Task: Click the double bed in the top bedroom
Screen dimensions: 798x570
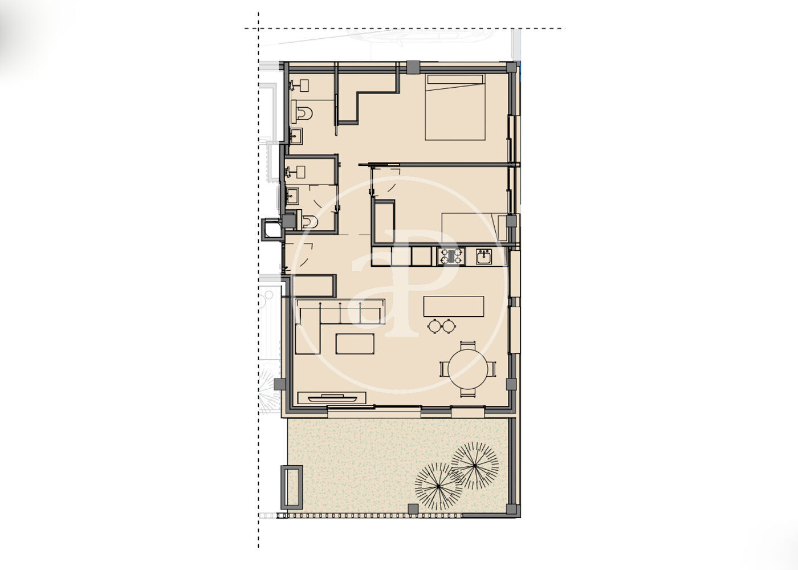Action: (455, 107)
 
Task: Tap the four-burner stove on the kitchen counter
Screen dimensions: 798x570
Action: (451, 256)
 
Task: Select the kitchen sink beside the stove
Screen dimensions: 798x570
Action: (484, 256)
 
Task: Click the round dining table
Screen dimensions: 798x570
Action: (468, 369)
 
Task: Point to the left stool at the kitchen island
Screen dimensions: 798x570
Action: (434, 326)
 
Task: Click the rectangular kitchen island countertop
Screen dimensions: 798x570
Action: (454, 306)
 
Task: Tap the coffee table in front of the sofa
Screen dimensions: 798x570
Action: (355, 344)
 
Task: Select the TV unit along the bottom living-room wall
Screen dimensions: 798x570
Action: (332, 398)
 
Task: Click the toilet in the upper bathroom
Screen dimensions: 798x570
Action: (302, 113)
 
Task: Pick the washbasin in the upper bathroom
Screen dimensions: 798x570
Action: (296, 136)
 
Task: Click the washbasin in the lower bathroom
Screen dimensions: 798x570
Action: (292, 196)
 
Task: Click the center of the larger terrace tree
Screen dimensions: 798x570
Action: (474, 465)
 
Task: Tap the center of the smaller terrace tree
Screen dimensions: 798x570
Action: (438, 486)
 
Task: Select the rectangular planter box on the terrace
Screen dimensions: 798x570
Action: (291, 487)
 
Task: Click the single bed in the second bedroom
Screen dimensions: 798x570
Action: (474, 227)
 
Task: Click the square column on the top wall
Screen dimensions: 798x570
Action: (413, 67)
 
